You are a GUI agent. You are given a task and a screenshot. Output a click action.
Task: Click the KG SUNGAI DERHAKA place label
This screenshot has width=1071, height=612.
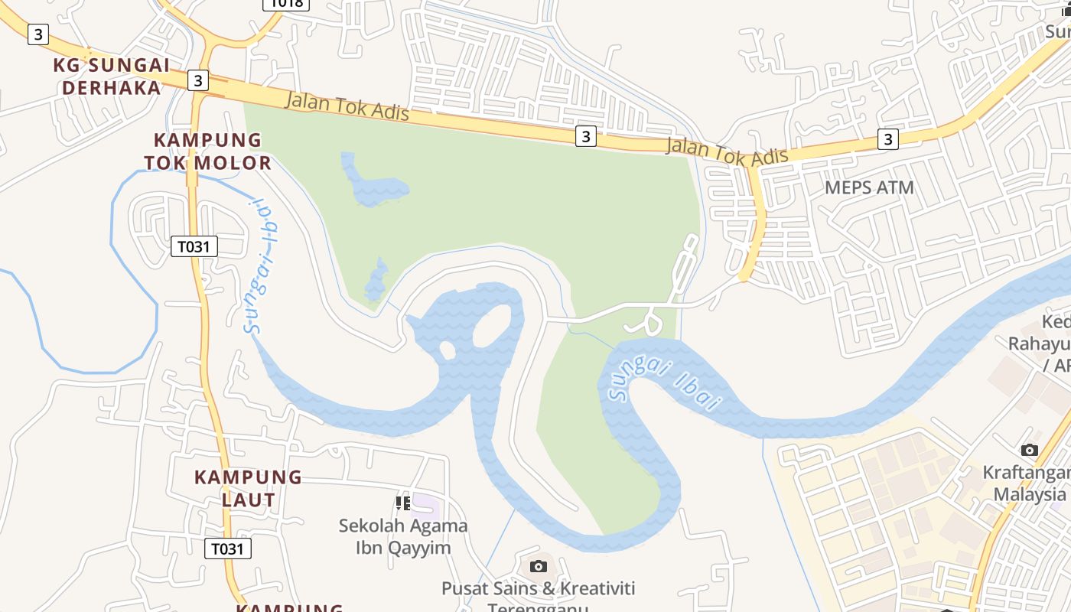coord(112,76)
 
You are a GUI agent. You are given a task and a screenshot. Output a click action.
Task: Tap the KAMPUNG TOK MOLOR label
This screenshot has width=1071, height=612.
coord(208,151)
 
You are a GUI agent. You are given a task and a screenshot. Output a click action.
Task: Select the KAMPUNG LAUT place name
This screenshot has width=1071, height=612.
coord(249,488)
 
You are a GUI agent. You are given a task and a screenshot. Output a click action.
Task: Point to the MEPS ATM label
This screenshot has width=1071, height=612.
coord(869,187)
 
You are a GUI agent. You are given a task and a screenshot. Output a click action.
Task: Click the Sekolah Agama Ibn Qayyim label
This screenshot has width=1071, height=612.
coord(403,536)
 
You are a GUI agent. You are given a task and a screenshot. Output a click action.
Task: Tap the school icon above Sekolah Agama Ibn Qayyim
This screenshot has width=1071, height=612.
coord(402,503)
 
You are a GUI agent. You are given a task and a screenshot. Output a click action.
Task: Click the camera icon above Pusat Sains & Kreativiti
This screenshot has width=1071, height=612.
coord(539,566)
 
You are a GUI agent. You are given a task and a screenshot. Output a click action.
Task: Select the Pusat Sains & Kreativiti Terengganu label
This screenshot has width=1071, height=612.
coord(539,597)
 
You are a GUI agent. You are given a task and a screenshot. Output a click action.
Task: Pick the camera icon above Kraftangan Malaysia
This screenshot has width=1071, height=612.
coord(1030,450)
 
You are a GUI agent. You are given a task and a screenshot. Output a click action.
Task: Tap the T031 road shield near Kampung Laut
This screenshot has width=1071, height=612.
coord(228,549)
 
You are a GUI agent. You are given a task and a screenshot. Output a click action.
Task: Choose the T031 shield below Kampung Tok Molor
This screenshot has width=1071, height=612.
coord(194,246)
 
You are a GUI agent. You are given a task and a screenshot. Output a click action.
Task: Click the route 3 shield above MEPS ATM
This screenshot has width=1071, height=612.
coord(887,138)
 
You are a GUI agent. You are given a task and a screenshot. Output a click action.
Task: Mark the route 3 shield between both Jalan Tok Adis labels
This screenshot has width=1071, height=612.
coord(585,136)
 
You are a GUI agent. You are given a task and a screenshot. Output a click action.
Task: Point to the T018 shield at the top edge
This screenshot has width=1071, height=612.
coord(286,4)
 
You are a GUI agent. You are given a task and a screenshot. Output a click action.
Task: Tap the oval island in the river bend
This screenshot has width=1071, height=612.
coord(493,325)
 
